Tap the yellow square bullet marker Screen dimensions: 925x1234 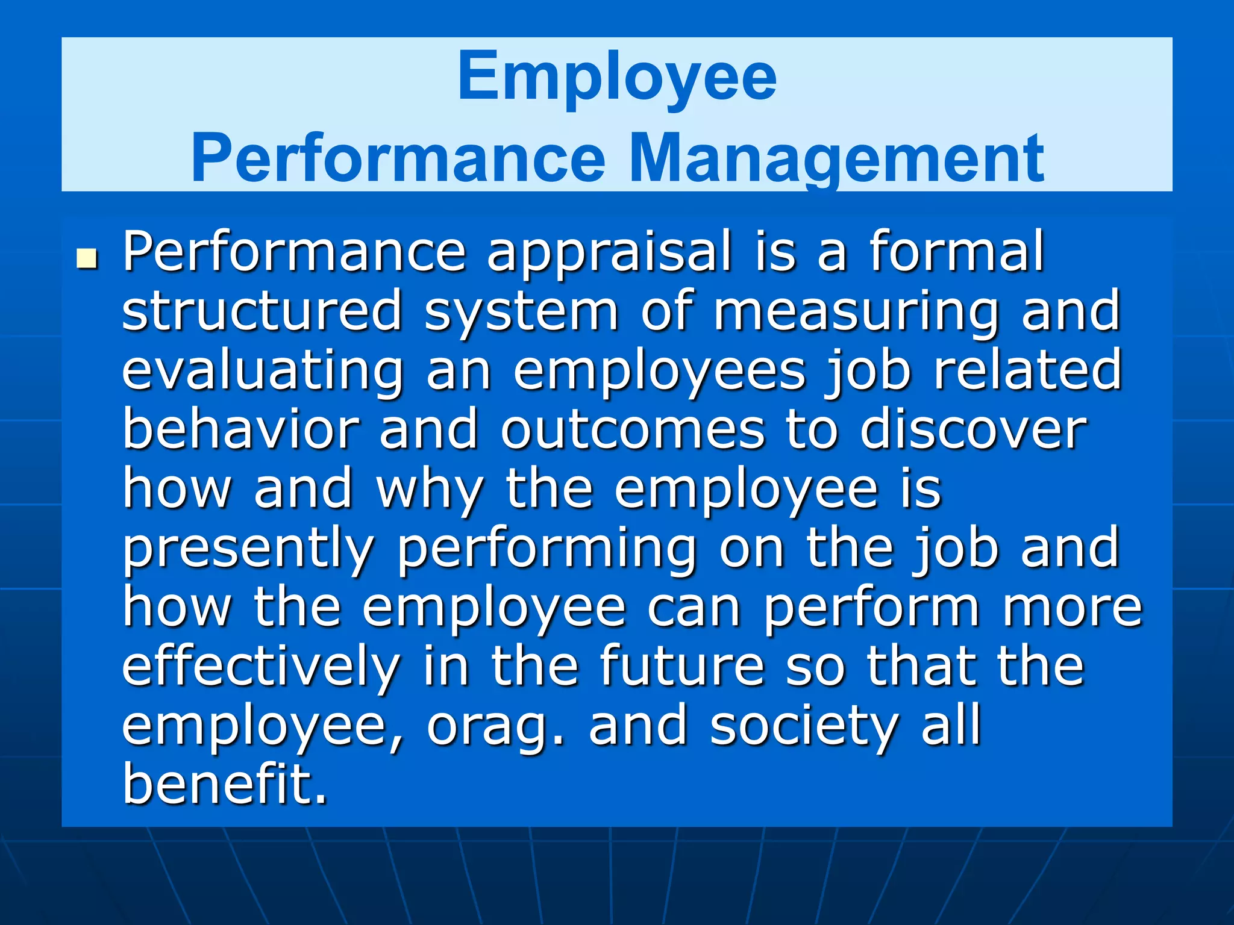click(88, 260)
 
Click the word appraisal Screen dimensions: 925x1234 click(609, 253)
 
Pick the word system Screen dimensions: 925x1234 click(521, 312)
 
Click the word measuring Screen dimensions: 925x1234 click(856, 312)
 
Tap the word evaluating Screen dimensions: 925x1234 click(262, 370)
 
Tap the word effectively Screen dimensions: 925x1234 click(261, 665)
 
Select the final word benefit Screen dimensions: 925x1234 click(224, 783)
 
